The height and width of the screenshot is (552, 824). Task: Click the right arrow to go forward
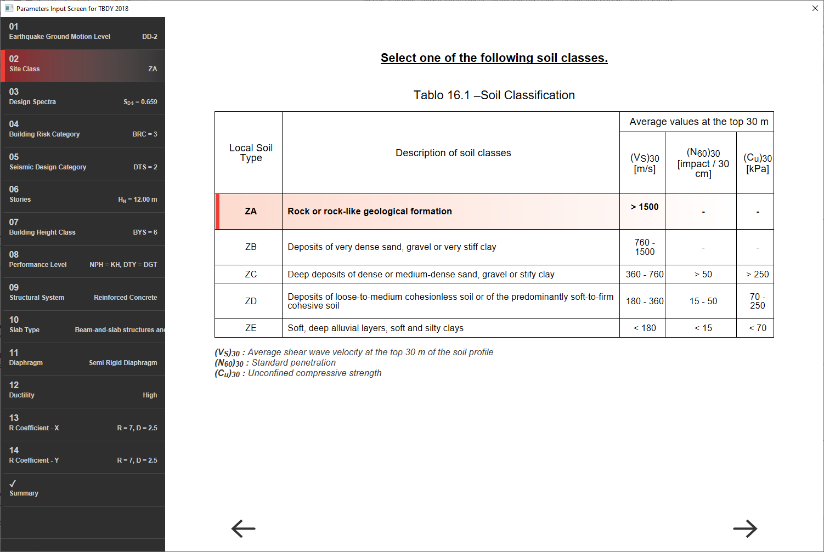(745, 528)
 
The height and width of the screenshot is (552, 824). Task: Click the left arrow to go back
(244, 528)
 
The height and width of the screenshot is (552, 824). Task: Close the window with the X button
(815, 8)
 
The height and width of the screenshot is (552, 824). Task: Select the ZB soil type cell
(251, 247)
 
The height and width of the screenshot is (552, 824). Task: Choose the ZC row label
(251, 274)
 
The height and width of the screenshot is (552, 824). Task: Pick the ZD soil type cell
(251, 301)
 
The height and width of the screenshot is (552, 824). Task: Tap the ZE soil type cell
(251, 328)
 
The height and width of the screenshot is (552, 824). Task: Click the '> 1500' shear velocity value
(645, 207)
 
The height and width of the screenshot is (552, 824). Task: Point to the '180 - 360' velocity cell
(645, 301)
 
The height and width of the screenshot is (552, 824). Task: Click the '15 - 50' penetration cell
(703, 301)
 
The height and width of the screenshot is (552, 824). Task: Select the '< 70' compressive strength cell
(758, 328)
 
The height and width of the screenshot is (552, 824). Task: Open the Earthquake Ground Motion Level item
(83, 33)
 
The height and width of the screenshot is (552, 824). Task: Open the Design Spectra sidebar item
(83, 98)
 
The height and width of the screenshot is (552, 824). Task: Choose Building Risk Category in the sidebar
(83, 130)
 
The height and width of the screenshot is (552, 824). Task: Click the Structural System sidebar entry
(83, 293)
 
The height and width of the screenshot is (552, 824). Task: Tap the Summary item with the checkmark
(83, 489)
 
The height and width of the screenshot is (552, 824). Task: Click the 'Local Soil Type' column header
(251, 153)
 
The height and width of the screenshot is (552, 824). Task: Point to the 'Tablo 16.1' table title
(494, 95)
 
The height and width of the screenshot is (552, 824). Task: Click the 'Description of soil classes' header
(453, 153)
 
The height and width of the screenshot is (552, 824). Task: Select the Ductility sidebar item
(83, 391)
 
